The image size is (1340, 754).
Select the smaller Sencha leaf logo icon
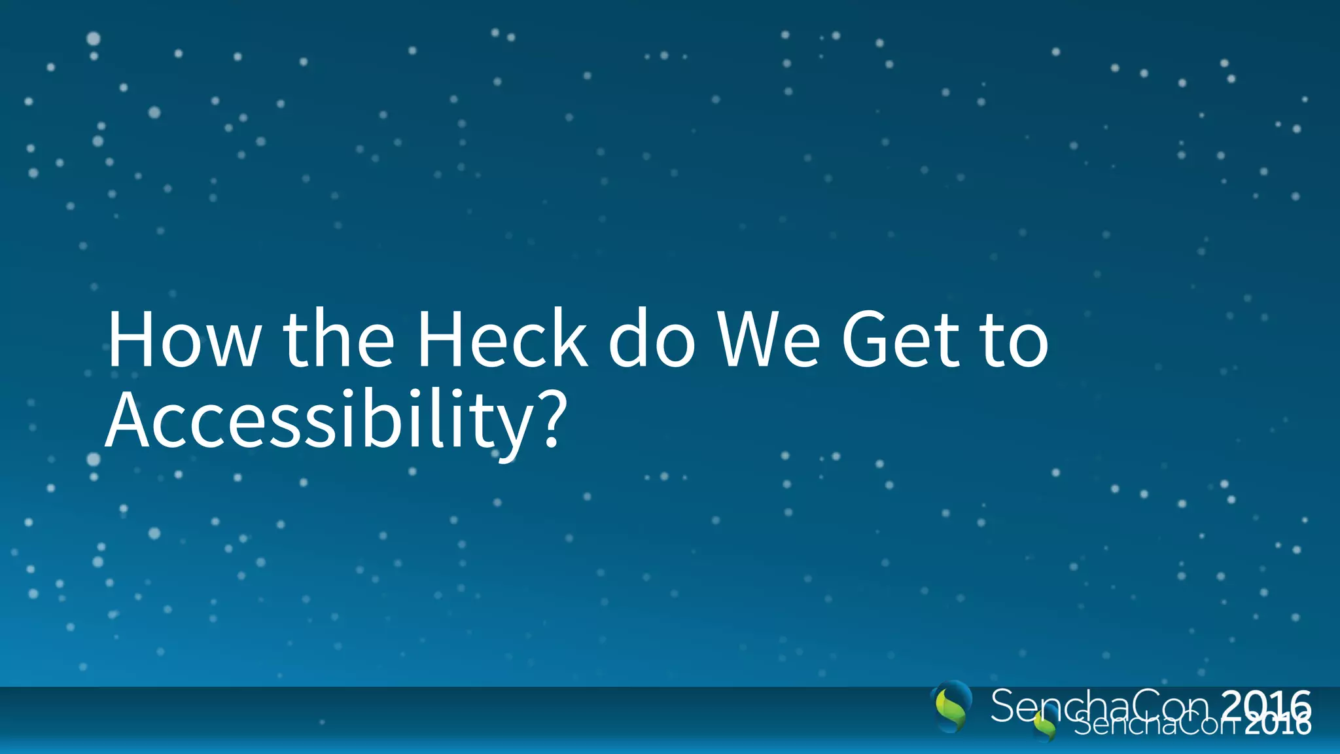point(1045,725)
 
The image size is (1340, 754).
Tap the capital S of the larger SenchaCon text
point(1002,706)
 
